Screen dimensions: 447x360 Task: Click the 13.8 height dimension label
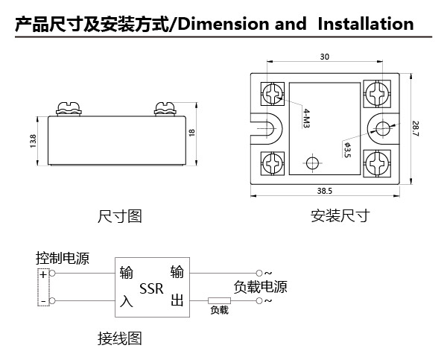[x=33, y=141]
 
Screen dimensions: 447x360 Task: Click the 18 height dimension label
[x=192, y=133]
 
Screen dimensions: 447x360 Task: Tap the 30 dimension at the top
[x=324, y=57]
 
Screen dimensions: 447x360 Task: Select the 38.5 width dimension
[x=325, y=191]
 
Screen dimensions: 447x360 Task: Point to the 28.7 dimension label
[x=416, y=129]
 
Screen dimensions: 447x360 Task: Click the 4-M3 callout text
[x=306, y=118]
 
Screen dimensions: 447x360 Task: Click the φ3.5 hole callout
[x=347, y=150]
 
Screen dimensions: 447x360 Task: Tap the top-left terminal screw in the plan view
[x=273, y=94]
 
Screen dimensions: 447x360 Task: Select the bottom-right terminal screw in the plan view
[x=377, y=163]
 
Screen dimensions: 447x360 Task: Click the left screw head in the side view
[x=69, y=108]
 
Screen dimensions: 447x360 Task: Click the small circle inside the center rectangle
[x=313, y=163]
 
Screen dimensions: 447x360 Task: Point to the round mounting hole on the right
[x=383, y=128]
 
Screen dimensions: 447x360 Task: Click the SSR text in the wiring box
[x=151, y=288]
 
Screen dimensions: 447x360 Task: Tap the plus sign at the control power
[x=43, y=274]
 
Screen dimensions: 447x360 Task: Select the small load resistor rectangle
[x=219, y=300]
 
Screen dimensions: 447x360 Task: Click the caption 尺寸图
[x=120, y=216]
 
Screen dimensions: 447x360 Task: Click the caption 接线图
[x=120, y=338]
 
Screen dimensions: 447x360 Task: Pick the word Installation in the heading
[x=366, y=24]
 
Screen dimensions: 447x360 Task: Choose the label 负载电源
[x=260, y=287]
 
